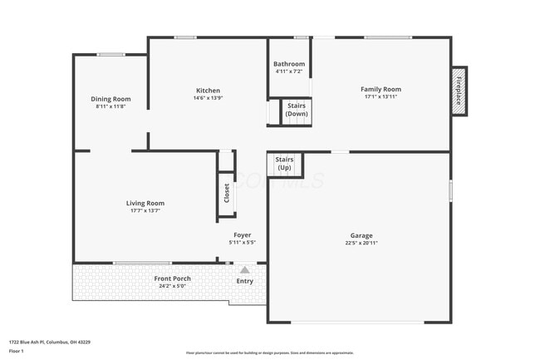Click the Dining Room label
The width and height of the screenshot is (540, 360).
[x=112, y=99]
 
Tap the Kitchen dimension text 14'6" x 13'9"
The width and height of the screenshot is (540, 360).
[x=208, y=99]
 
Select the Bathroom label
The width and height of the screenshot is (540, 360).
[x=290, y=64]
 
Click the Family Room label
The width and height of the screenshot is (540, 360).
[x=380, y=89]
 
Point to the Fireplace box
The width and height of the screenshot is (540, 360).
[x=458, y=90]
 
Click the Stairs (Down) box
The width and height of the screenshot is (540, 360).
[x=297, y=110]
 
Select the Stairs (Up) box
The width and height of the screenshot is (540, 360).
[x=283, y=163]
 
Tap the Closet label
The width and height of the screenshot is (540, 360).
[x=226, y=193]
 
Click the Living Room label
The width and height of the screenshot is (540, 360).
[x=145, y=203]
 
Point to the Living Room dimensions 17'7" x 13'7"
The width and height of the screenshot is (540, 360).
[x=145, y=211]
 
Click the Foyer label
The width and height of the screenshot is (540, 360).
[x=242, y=235]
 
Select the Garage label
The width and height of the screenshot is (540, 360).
[x=361, y=235]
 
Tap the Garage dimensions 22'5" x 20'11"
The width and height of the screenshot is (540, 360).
[x=361, y=244]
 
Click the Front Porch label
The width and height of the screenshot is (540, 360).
[x=172, y=279]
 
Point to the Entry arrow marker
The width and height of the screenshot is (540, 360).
[x=244, y=269]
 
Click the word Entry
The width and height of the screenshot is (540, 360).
[x=244, y=281]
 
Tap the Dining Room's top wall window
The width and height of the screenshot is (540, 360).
[x=110, y=55]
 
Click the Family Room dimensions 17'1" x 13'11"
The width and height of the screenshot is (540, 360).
[x=380, y=97]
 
